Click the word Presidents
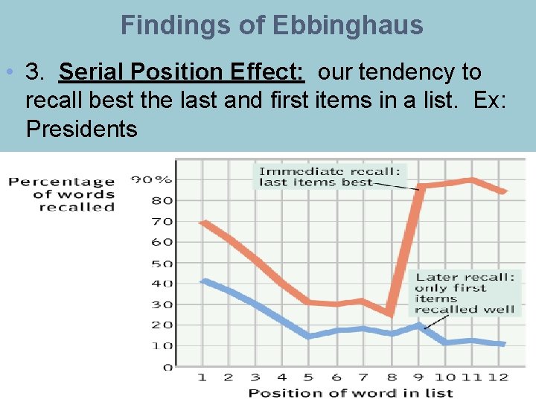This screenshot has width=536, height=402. click(x=81, y=129)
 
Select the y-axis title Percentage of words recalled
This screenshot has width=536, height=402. click(x=62, y=194)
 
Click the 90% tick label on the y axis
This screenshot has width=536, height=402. click(x=152, y=179)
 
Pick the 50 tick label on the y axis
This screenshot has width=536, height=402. click(x=162, y=264)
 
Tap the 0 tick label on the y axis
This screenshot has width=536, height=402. click(x=167, y=367)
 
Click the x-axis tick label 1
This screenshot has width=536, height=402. click(x=202, y=377)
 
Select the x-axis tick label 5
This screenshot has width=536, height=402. click(x=308, y=377)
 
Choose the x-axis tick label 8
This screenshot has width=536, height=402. click(x=391, y=377)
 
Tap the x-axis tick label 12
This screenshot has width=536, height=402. click(x=498, y=377)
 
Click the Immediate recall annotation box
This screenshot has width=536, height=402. click(x=329, y=176)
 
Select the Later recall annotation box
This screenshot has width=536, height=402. click(x=465, y=293)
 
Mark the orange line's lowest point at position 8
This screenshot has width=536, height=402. click(x=391, y=313)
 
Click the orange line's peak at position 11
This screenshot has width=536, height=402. click(x=470, y=179)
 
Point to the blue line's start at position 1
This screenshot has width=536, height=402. click(x=203, y=281)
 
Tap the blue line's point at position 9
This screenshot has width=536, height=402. click(x=418, y=325)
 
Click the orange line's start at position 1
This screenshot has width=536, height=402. click(x=203, y=222)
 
